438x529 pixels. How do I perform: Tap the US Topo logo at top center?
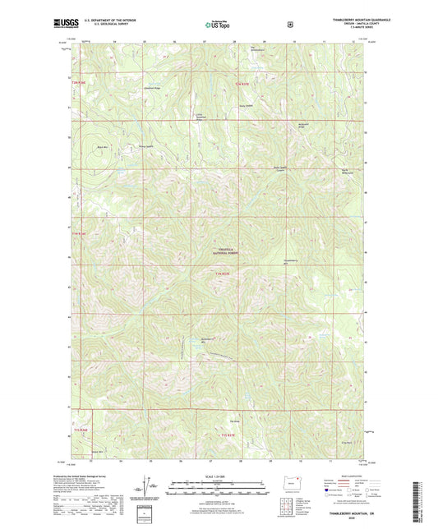(218, 24)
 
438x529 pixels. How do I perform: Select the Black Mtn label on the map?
(103, 146)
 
